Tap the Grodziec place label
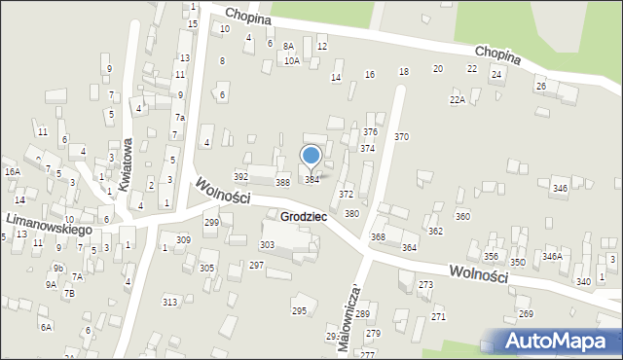pos(303,216)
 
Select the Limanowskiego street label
pos(48,225)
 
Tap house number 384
pos(311,180)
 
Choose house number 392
pos(240,177)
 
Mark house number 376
pos(370,131)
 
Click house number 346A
pos(552,257)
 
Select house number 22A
pos(457,100)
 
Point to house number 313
pos(169,302)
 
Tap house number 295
pos(299,310)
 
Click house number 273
pos(425,284)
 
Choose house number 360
pos(462,216)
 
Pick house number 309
pos(183,239)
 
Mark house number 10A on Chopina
pos(291,60)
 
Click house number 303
pos(267,244)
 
